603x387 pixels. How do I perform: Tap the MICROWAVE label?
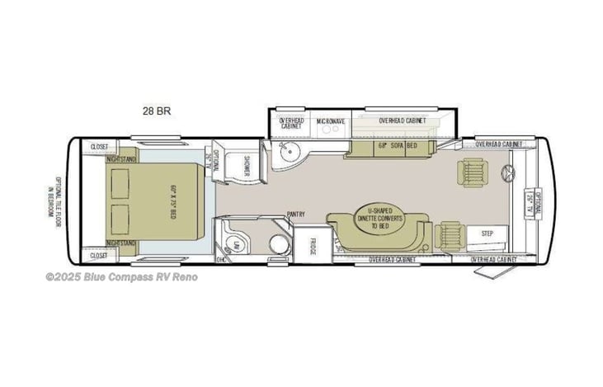(331, 121)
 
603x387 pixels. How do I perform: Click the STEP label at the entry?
(487, 234)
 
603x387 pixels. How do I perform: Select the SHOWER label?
(245, 166)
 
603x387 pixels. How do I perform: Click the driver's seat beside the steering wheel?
(473, 172)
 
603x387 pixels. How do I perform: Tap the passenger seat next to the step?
(451, 234)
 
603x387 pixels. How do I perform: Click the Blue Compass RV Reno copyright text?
(121, 277)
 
